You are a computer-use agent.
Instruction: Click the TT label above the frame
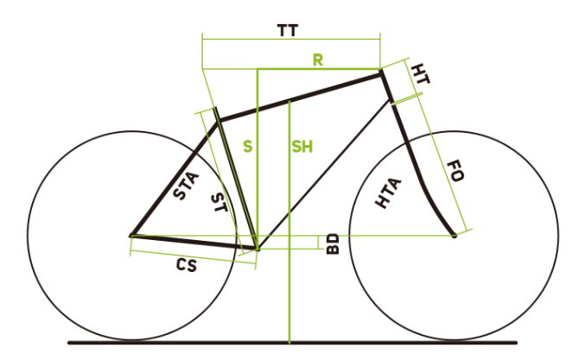click(288, 30)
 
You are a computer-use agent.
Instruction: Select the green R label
click(318, 60)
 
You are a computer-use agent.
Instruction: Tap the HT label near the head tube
click(420, 74)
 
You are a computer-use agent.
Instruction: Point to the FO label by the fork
click(455, 171)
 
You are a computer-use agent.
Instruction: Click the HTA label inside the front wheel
click(389, 193)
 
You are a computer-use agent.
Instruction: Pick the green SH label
click(302, 147)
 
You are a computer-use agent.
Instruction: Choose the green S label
click(248, 147)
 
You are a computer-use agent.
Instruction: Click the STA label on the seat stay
click(186, 186)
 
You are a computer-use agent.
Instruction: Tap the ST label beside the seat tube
click(219, 203)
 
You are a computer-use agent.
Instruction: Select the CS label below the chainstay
click(187, 265)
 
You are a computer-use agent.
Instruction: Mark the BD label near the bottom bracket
click(333, 243)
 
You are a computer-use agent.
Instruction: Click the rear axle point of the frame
click(131, 236)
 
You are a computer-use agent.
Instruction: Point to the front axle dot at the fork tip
click(454, 236)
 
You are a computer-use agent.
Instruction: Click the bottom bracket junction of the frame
click(257, 249)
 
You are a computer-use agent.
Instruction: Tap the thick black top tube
click(300, 98)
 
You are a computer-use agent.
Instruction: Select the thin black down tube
click(325, 174)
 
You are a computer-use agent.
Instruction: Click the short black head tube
click(387, 86)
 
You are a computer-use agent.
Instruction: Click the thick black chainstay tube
click(194, 243)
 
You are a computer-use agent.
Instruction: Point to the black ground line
click(292, 343)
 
